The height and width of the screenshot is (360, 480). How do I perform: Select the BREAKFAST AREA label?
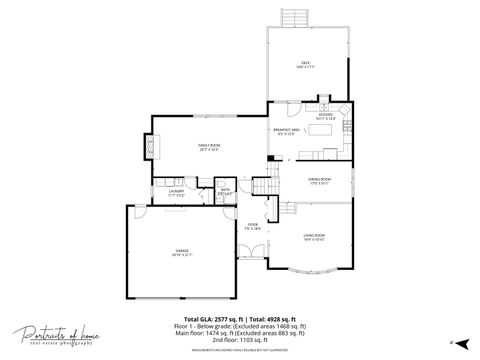tap(285, 131)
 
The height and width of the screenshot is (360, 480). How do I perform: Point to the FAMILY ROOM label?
tap(210, 147)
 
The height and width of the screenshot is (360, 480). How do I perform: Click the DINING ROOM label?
tap(319, 180)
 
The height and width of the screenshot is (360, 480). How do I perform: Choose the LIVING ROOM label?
tap(314, 236)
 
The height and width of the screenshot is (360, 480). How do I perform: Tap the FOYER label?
tap(253, 226)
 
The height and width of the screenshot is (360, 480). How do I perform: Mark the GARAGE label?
tap(181, 252)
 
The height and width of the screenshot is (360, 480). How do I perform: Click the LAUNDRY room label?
tap(175, 191)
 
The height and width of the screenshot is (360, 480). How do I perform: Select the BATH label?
tap(225, 191)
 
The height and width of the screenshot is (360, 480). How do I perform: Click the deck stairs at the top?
tap(293, 19)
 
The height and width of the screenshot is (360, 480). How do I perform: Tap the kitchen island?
tap(328, 152)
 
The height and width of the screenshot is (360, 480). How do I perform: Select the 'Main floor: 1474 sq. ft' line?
tap(240, 333)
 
